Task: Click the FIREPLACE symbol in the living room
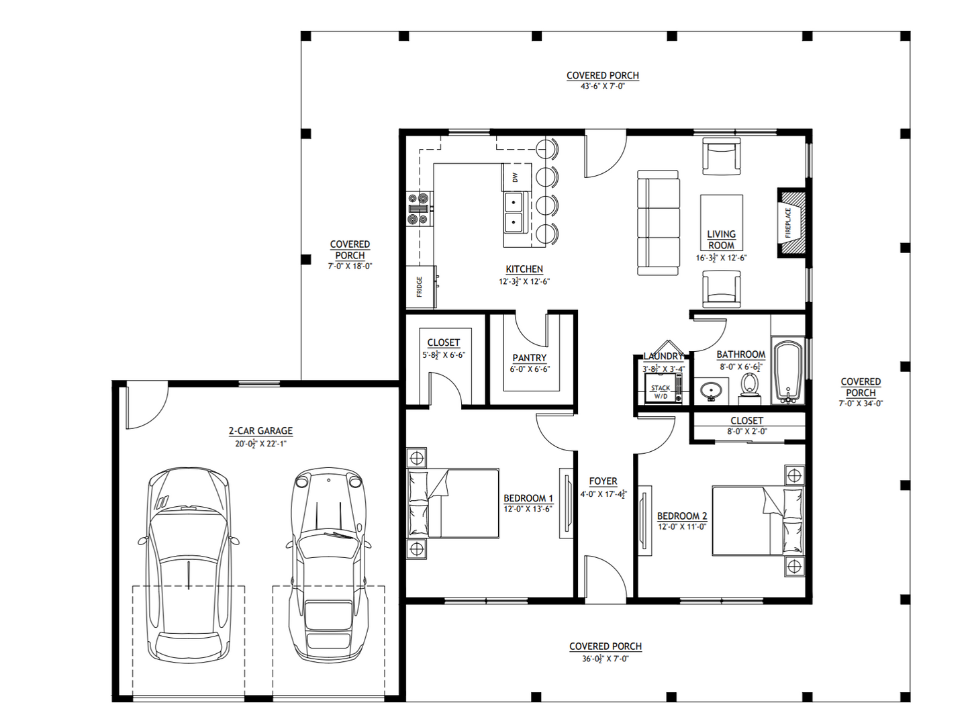(791, 222)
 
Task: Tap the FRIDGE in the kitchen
(421, 287)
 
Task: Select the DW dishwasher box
(516, 177)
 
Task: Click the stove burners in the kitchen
(418, 208)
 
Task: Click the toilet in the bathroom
(749, 388)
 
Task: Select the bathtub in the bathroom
(788, 372)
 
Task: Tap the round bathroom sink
(710, 390)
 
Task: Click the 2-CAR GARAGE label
(260, 431)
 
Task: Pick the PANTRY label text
(529, 358)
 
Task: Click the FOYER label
(603, 481)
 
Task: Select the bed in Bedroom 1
(453, 504)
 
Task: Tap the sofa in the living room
(658, 223)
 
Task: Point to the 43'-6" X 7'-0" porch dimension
(602, 87)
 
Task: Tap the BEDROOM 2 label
(681, 516)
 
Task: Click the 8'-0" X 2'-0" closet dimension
(746, 432)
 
